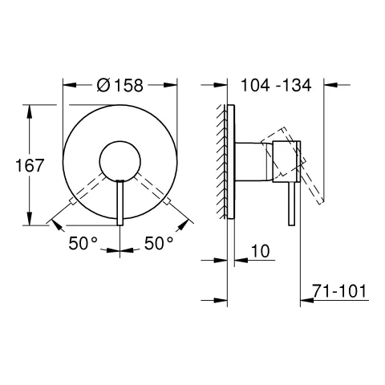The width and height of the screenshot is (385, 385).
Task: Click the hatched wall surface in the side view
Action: pyautogui.click(x=220, y=160)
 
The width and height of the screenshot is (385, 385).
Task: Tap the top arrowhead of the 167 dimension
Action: pyautogui.click(x=30, y=108)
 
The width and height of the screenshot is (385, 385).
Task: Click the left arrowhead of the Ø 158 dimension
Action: pyautogui.click(x=67, y=83)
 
